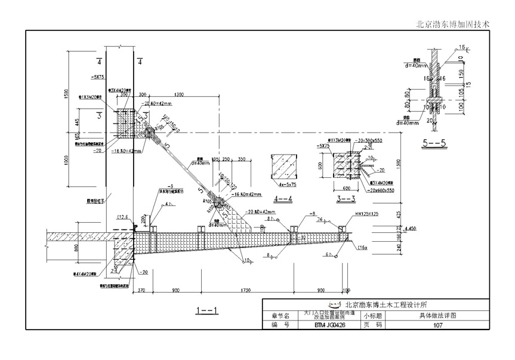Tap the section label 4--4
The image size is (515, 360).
[283, 199]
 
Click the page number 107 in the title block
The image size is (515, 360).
[437, 325]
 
